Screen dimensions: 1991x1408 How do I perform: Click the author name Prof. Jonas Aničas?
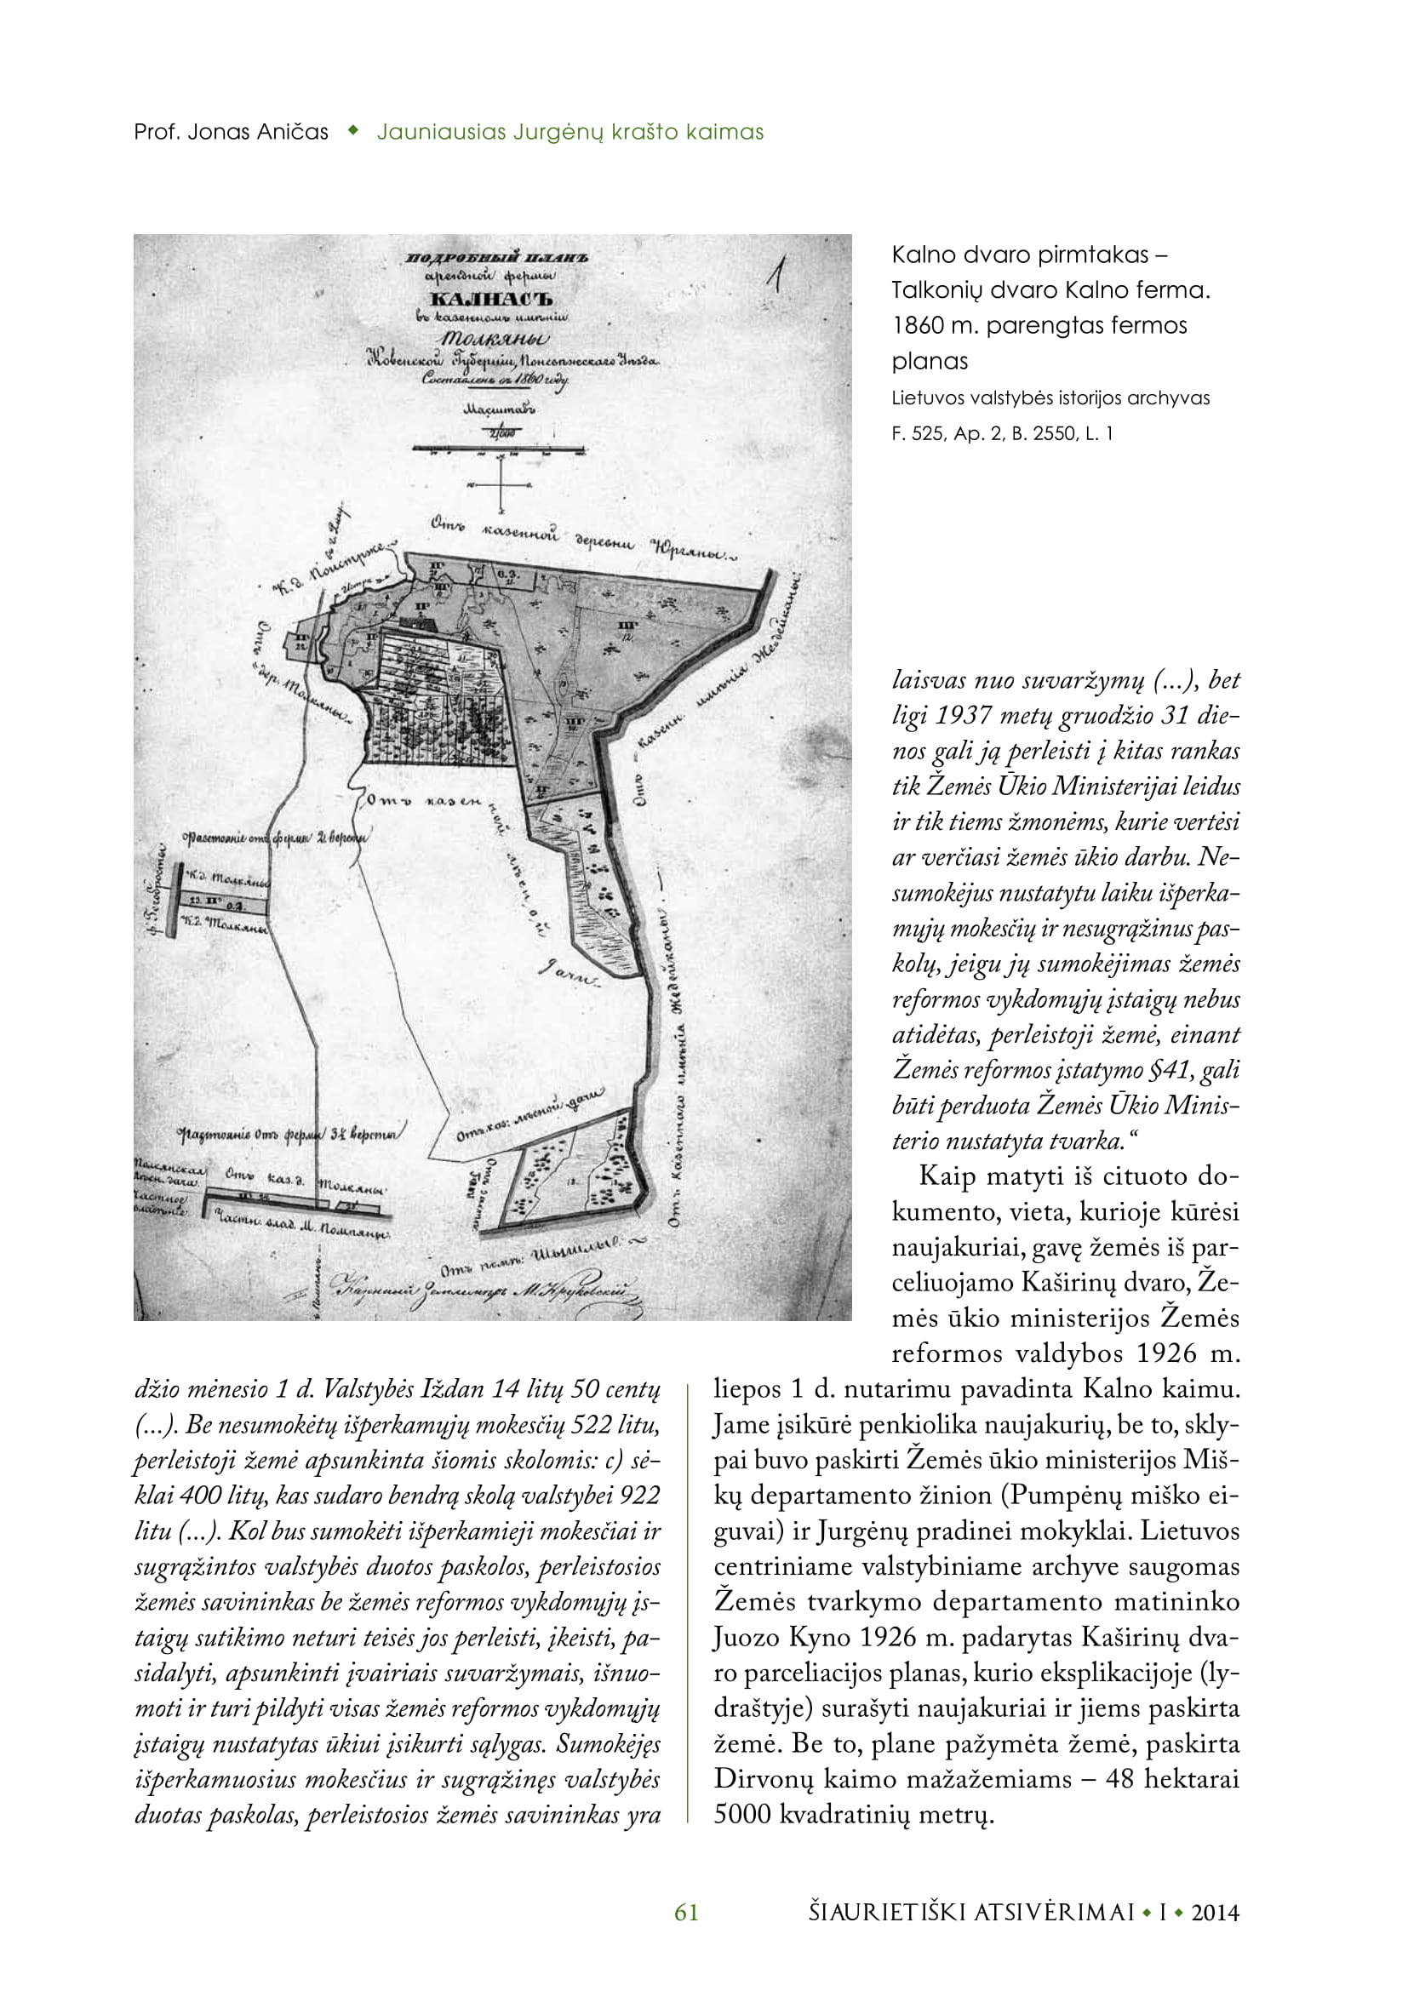pos(231,133)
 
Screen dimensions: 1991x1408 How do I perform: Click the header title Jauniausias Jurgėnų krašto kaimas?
pos(570,133)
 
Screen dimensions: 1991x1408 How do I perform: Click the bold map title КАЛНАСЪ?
pos(491,300)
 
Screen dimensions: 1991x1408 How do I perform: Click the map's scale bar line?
pos(499,449)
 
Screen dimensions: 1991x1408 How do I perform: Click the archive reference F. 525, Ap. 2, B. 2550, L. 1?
pos(1002,433)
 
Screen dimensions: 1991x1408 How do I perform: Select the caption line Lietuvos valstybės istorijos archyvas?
pos(1050,399)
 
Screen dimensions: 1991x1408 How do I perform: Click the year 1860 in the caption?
pos(920,326)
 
